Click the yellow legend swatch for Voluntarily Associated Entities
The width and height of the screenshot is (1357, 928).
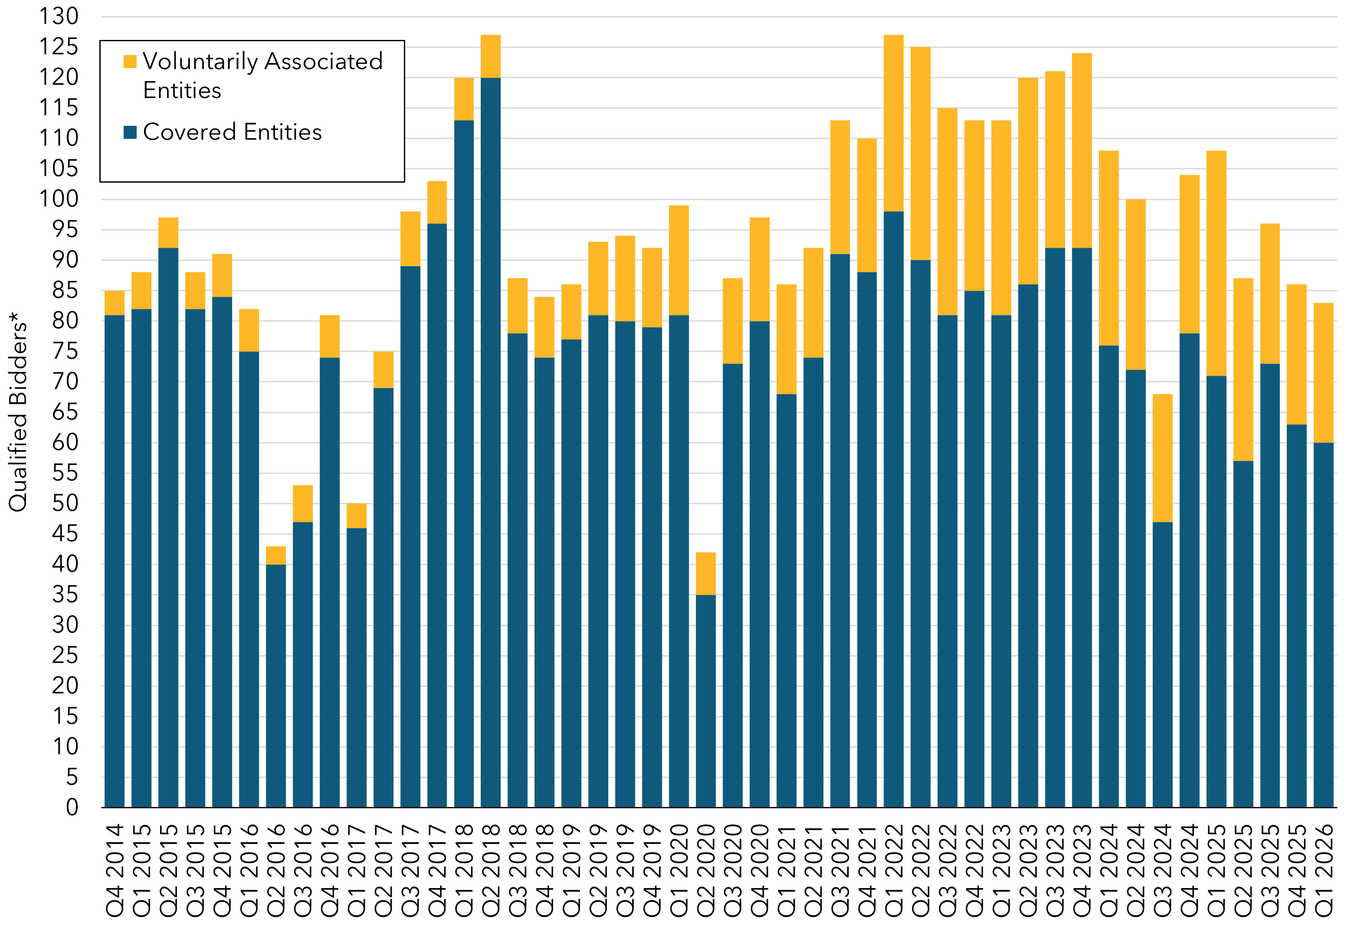point(130,61)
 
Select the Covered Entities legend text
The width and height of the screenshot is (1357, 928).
point(232,132)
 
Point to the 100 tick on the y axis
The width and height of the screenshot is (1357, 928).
point(59,199)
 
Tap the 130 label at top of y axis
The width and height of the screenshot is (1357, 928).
point(59,16)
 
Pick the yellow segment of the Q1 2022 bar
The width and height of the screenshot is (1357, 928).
point(893,123)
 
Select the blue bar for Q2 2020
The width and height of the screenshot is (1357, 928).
point(705,701)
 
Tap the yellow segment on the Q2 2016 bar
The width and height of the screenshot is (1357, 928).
point(275,555)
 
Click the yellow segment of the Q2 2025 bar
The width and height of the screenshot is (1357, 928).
point(1243,370)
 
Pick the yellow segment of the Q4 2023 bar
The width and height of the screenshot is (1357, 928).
point(1082,151)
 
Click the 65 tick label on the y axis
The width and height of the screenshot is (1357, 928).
point(64,412)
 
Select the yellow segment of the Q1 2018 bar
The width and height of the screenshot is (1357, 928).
point(464,98)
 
